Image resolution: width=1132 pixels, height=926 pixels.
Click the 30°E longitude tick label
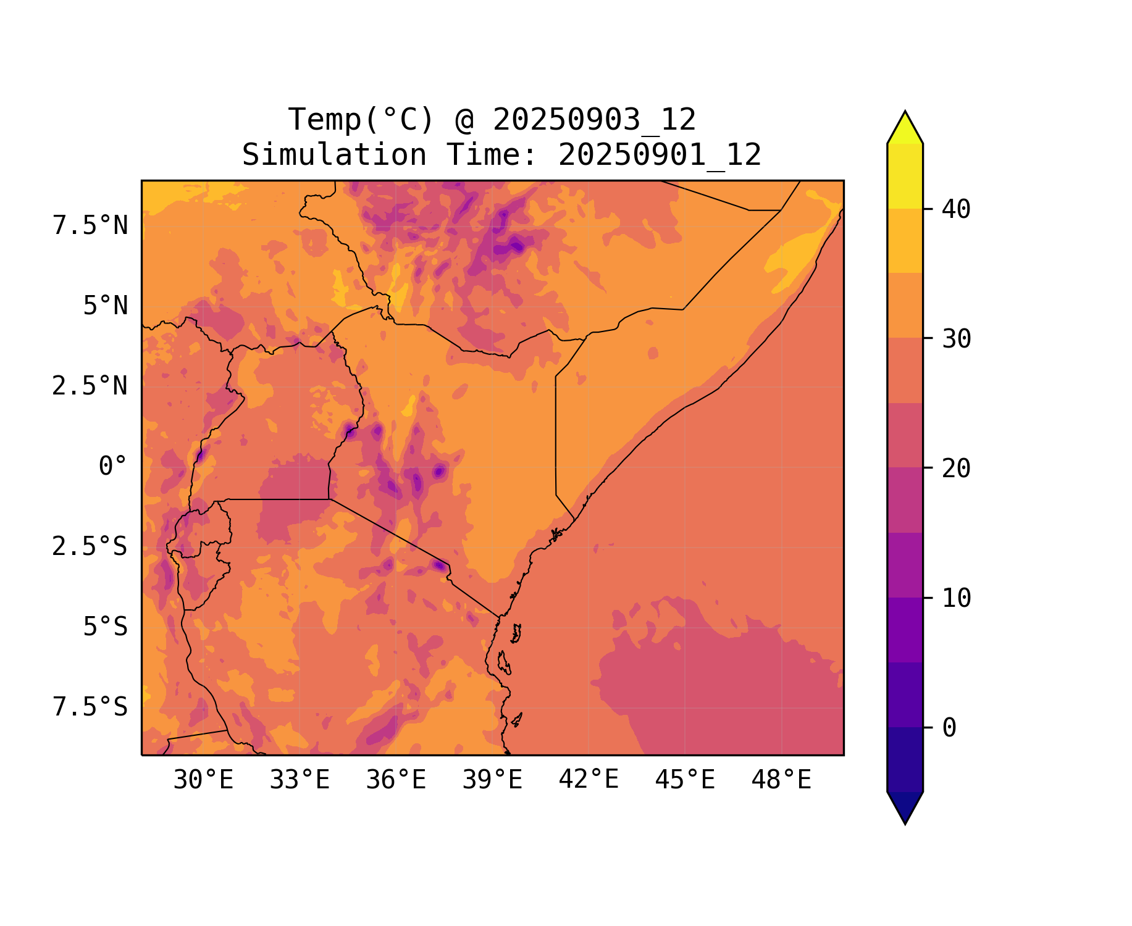click(x=203, y=780)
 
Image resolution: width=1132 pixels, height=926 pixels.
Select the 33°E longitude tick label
click(x=300, y=780)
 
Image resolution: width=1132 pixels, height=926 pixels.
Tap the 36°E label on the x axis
click(x=396, y=780)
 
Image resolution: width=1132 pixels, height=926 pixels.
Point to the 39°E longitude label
click(x=492, y=780)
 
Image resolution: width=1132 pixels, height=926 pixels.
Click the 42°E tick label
click(x=589, y=780)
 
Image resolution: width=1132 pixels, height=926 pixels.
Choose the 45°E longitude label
click(x=685, y=780)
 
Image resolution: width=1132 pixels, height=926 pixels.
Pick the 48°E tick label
click(x=781, y=780)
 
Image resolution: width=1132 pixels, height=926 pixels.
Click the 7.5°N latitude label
click(x=90, y=226)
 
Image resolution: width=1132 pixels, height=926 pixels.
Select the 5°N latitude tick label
click(x=106, y=306)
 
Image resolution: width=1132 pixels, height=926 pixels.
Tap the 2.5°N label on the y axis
click(x=90, y=386)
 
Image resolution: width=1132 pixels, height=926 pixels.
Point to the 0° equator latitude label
click(x=113, y=467)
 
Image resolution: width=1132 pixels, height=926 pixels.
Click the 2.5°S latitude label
click(x=90, y=547)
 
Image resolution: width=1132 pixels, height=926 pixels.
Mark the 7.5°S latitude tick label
click(x=90, y=707)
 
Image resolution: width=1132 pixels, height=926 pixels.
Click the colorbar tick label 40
click(x=956, y=210)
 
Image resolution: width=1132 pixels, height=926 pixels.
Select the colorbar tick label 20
click(x=956, y=469)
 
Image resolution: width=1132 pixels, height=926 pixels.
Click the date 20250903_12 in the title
click(x=594, y=120)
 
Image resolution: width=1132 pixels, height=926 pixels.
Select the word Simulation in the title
click(x=334, y=155)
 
